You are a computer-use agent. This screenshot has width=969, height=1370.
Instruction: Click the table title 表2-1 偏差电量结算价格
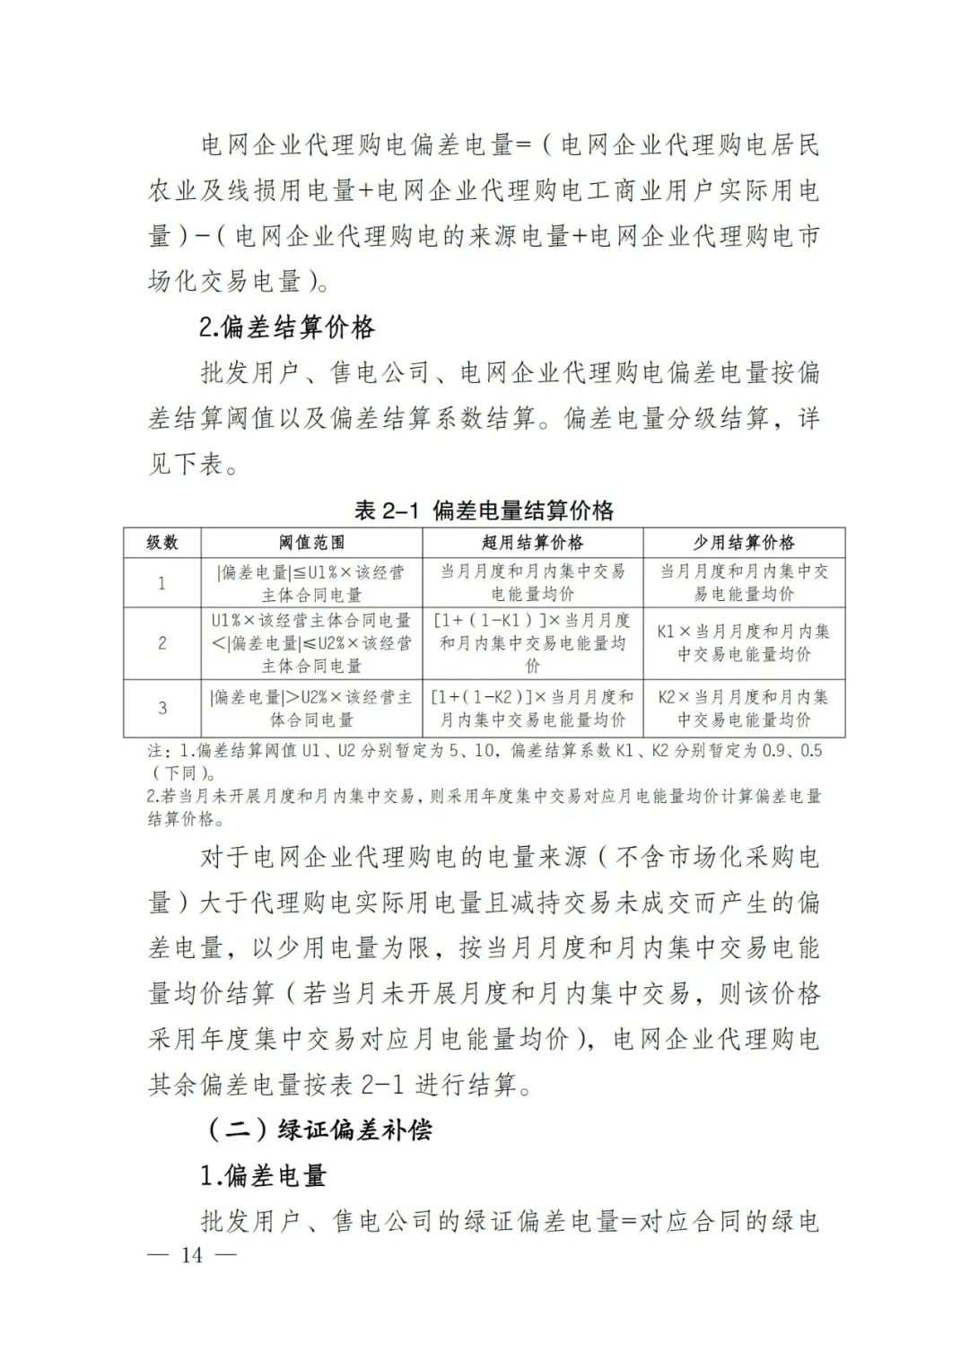tap(484, 510)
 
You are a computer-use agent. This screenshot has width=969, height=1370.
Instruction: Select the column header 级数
tap(162, 543)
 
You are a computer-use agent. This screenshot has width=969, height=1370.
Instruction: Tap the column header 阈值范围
tap(311, 543)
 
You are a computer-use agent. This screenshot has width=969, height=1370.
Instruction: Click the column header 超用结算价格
tap(533, 543)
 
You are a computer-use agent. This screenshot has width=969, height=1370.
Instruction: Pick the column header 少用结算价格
tap(744, 543)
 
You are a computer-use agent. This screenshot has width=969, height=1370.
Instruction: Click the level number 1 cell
tap(162, 583)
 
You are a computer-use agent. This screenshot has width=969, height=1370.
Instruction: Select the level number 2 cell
tap(162, 642)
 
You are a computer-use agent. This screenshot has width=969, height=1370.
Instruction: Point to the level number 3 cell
tap(162, 708)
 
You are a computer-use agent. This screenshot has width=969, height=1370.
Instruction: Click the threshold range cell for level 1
tap(311, 583)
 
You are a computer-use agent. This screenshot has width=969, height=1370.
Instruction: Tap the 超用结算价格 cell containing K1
tap(533, 642)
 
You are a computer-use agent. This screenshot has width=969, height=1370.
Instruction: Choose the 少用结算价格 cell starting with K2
tap(744, 708)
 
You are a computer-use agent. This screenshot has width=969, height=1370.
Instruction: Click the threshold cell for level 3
tap(311, 708)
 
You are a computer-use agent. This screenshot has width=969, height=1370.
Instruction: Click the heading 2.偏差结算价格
tap(287, 328)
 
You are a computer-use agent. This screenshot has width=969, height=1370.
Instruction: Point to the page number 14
tap(192, 1254)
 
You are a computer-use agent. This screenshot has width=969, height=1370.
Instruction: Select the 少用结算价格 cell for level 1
tap(744, 583)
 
